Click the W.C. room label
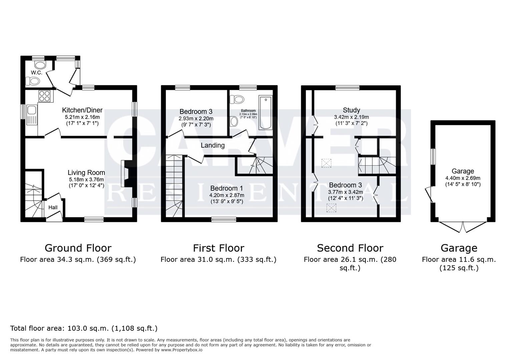pos(36,72)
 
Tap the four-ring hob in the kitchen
pos(45,96)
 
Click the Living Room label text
pos(86,173)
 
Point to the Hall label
pos(53,207)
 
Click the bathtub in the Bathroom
pos(266,112)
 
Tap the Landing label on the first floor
pos(212,145)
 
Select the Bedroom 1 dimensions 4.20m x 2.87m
pos(226,195)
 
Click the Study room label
pos(351,110)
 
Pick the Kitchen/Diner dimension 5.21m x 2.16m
pos(82,117)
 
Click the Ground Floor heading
pos(78,248)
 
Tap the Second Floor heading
pos(350,248)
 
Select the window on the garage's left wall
pos(433,156)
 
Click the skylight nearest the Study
pos(325,163)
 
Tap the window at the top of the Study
pos(347,88)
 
